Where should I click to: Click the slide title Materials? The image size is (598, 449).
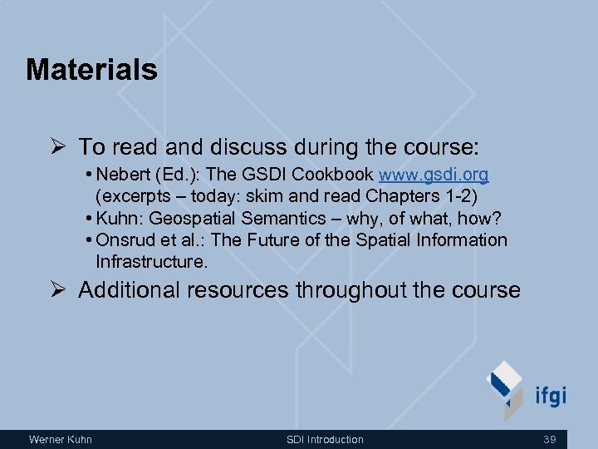[91, 70]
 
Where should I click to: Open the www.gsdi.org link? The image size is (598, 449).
[434, 175]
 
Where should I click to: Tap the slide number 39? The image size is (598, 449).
[549, 439]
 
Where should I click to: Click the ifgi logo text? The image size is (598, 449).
[551, 395]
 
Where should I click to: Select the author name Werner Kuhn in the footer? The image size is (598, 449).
[61, 439]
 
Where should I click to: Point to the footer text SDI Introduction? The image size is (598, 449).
[325, 439]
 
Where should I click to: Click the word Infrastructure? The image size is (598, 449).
[151, 262]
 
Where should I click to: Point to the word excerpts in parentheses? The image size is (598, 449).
[135, 197]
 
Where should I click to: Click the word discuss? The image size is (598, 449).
[247, 147]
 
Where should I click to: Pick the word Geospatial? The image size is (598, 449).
[195, 218]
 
